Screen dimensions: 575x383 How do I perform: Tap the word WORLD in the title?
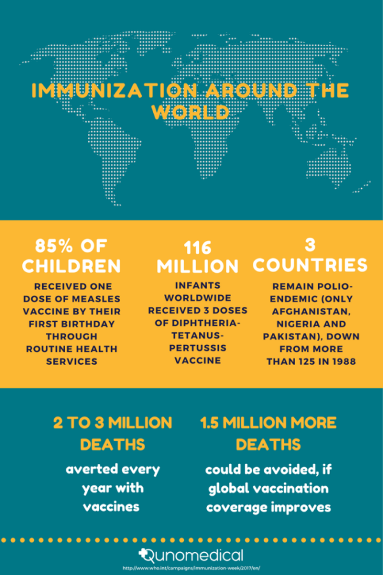[190, 112]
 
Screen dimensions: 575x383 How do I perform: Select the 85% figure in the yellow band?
[49, 245]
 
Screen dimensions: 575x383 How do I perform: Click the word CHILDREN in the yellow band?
[69, 265]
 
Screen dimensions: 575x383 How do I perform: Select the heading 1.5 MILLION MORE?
[268, 423]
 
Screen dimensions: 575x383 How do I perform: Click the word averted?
[91, 470]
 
